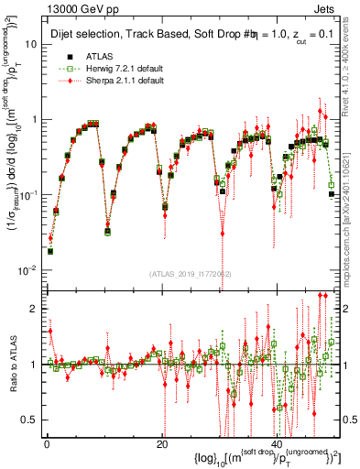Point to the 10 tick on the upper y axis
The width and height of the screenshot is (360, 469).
coord(30,43)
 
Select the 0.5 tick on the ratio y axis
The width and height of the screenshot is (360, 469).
coord(29,420)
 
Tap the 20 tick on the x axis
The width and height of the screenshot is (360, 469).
coord(161,444)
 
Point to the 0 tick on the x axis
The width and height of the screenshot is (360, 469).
coord(46,444)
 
